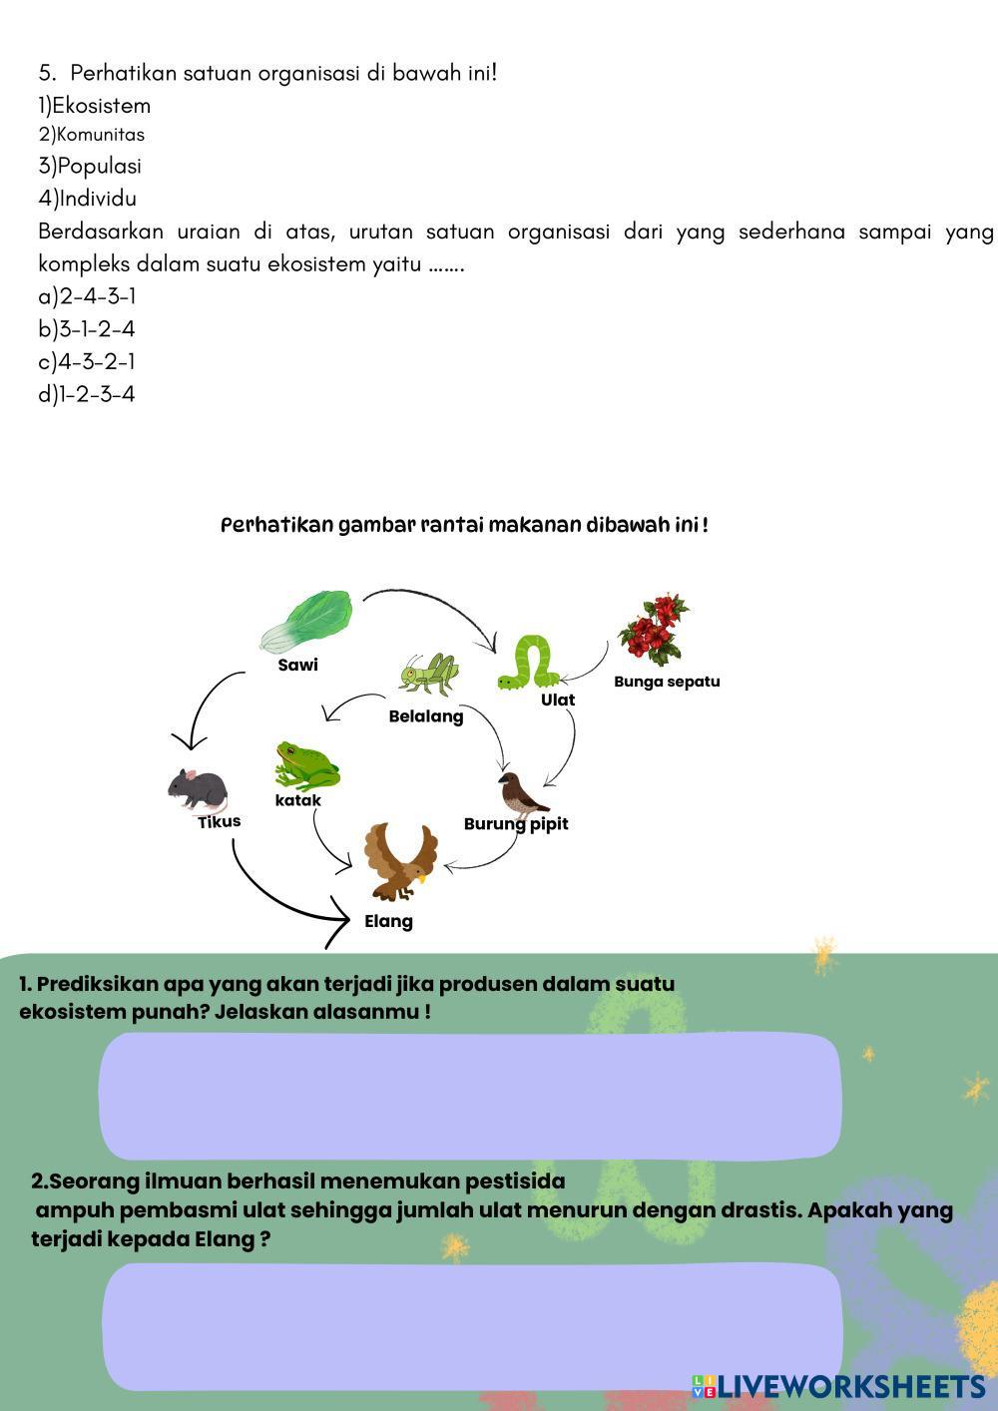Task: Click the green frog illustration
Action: pos(306,765)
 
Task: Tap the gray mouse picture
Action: pos(198,789)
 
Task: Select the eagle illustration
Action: pos(400,860)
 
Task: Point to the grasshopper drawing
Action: pos(429,676)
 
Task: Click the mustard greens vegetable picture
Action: pos(308,622)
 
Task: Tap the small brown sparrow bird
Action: pos(520,794)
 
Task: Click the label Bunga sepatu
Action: pos(667,682)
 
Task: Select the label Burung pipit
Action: pos(516,823)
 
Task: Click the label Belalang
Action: pos(426,716)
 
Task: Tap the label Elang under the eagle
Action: pos(388,921)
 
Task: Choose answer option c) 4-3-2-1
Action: pos(87,361)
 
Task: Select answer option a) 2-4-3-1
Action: pos(87,296)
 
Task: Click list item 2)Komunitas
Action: pos(92,135)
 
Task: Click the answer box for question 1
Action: pos(469,1096)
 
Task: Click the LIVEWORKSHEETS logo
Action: pos(839,1386)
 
